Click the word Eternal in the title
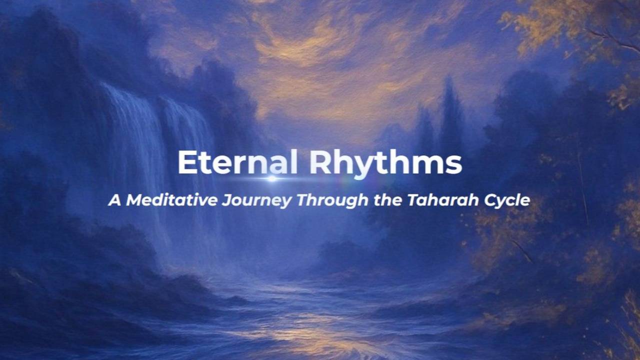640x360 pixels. (x=237, y=161)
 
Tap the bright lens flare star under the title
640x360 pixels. (x=272, y=179)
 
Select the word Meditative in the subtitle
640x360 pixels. (x=171, y=200)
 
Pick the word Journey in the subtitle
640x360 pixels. (x=257, y=201)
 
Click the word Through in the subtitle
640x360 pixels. (x=332, y=201)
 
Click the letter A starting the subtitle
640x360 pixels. (x=115, y=200)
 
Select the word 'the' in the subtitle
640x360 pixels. (x=387, y=200)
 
